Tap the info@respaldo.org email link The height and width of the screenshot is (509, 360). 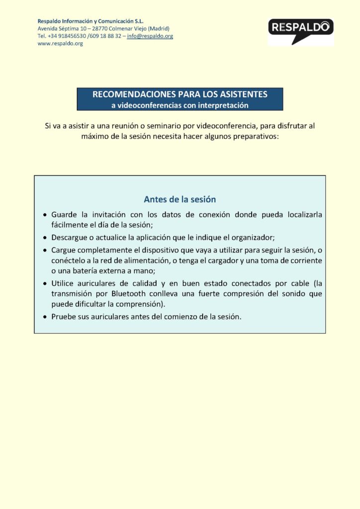coord(150,36)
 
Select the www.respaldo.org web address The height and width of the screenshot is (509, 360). coord(60,44)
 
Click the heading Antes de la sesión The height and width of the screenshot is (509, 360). coord(180,200)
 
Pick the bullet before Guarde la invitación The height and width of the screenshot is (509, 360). coord(45,215)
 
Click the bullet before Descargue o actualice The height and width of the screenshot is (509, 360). coord(45,238)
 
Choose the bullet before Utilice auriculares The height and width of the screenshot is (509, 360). coord(45,283)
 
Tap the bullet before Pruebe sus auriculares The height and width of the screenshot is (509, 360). coord(45,317)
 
